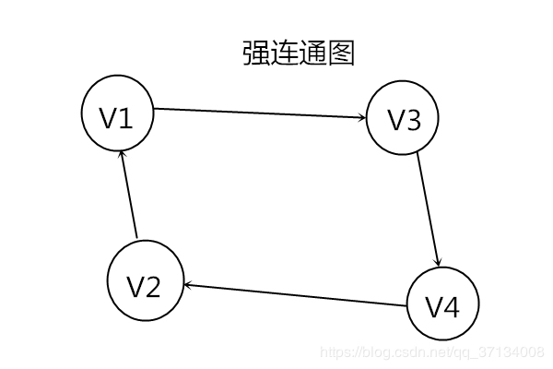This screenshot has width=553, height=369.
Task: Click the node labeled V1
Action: click(117, 115)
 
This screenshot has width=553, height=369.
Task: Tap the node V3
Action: click(403, 120)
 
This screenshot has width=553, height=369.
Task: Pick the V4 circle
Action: click(442, 304)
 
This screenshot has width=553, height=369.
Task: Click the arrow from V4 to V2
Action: click(295, 295)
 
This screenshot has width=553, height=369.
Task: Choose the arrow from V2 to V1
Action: click(129, 195)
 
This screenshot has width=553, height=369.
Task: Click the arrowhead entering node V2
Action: click(188, 285)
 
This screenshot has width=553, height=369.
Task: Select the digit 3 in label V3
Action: click(413, 121)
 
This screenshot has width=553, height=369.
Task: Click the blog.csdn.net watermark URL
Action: click(430, 351)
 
